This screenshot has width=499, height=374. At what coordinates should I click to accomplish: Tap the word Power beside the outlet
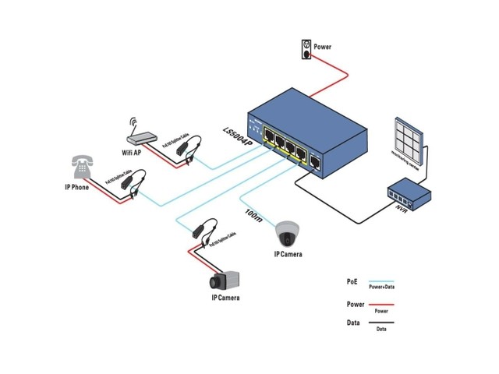coord(323,47)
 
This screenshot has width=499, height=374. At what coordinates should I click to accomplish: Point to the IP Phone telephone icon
coord(80,167)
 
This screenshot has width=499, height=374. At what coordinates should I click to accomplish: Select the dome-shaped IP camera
coord(287,232)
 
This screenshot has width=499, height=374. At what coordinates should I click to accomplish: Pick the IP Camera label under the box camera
coord(225,298)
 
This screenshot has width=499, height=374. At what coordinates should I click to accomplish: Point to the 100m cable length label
coord(253,213)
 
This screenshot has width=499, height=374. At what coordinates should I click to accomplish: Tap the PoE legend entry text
coord(352,280)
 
